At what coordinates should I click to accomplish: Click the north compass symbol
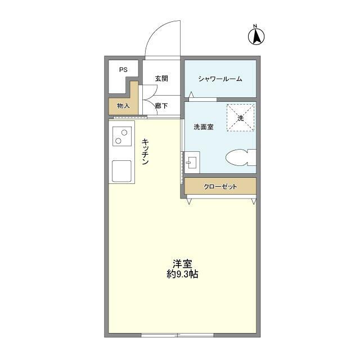tap(255, 35)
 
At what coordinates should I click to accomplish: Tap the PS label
tap(123, 70)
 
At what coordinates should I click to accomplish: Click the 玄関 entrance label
tap(161, 79)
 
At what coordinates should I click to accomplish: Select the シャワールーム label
tap(220, 79)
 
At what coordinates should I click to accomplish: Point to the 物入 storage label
tap(123, 105)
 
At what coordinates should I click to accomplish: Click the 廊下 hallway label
tap(161, 105)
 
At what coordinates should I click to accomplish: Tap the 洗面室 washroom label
tap(203, 127)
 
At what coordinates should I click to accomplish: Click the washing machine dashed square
tap(240, 118)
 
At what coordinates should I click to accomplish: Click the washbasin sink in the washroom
tap(191, 162)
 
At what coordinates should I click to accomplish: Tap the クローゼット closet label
tap(220, 186)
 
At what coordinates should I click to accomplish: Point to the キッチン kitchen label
tap(145, 152)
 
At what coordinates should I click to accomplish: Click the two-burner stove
tap(122, 135)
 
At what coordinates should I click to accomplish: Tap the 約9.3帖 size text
tap(182, 274)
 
